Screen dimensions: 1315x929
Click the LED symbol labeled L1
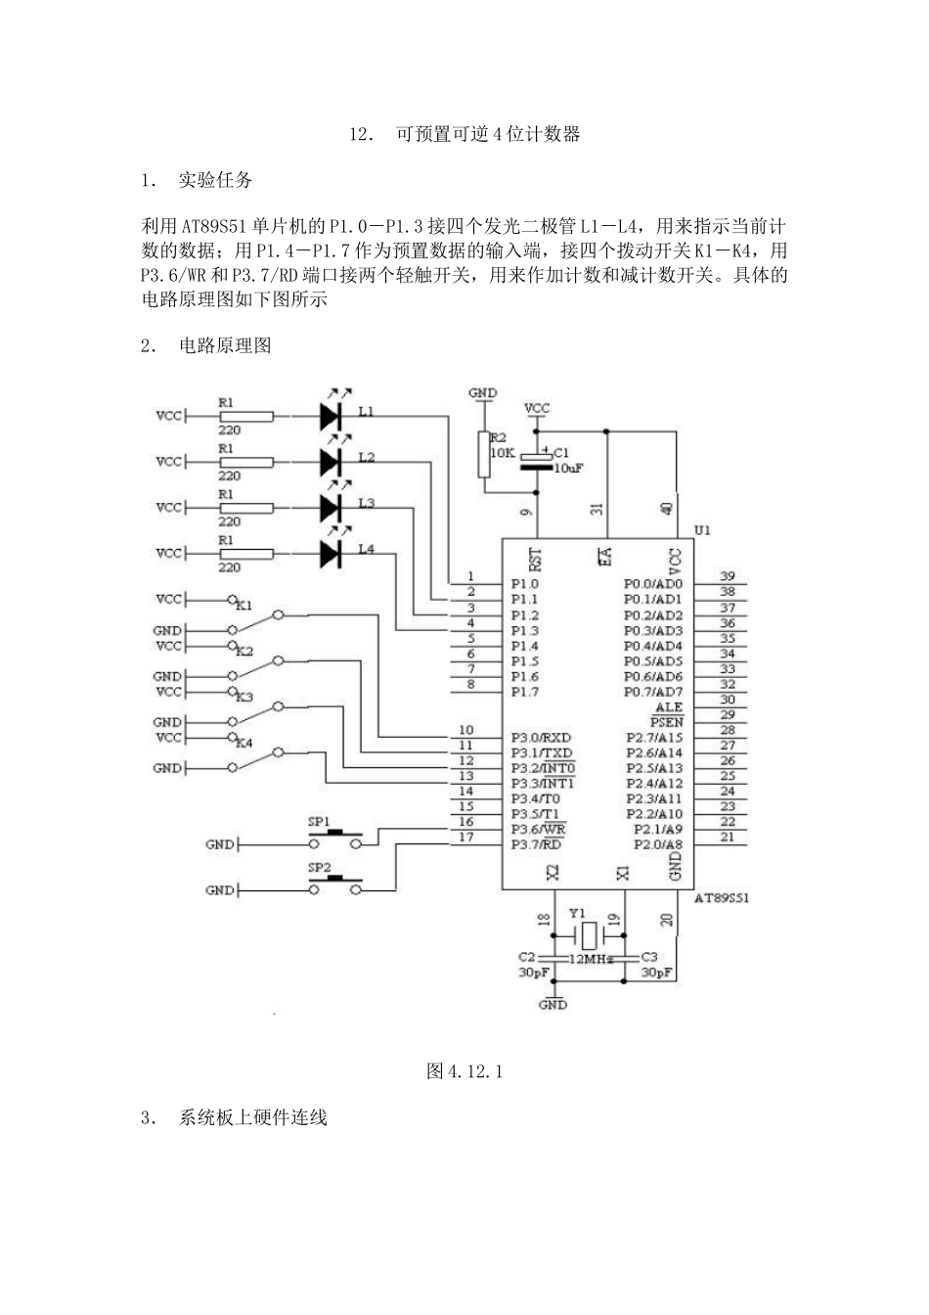click(x=331, y=416)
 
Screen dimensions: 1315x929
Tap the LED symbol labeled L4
click(x=331, y=554)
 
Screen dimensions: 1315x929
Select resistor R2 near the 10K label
click(x=483, y=454)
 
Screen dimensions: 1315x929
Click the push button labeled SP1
click(x=336, y=838)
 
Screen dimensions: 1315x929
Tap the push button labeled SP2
click(x=336, y=885)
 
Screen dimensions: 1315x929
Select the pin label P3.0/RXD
click(x=541, y=738)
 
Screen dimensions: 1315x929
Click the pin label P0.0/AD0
click(x=652, y=584)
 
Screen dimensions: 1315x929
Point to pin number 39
click(x=727, y=576)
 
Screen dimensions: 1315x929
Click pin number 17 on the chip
click(x=466, y=837)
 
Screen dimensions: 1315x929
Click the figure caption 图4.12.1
click(x=464, y=1071)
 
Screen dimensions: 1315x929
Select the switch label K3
click(x=244, y=697)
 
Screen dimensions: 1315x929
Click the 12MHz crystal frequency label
click(x=592, y=960)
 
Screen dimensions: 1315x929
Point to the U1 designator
click(x=701, y=530)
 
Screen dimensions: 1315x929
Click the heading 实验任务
click(x=215, y=180)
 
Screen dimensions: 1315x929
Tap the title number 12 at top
click(x=359, y=134)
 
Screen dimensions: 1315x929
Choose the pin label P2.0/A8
click(x=658, y=844)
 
